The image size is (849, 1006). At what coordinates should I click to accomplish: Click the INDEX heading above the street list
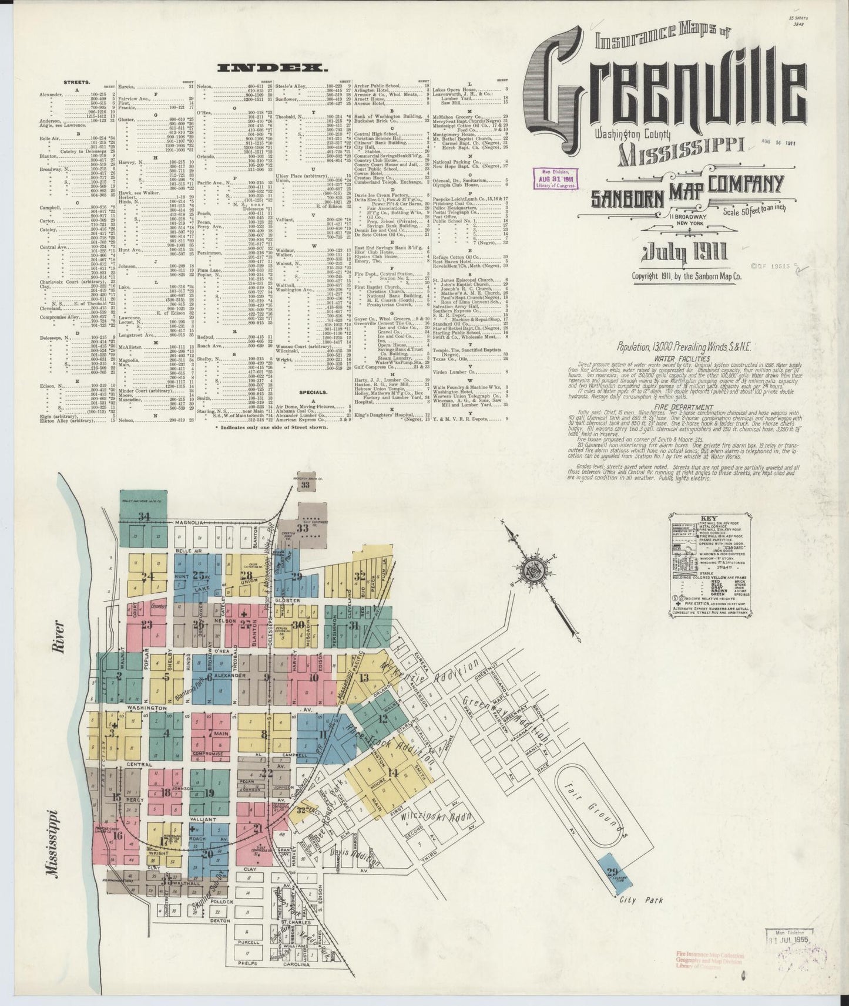pyautogui.click(x=272, y=69)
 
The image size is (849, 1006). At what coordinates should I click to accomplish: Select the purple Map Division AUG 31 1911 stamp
pyautogui.click(x=555, y=176)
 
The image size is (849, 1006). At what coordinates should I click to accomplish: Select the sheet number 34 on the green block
pyautogui.click(x=143, y=516)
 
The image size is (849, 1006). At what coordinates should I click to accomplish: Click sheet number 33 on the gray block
pyautogui.click(x=304, y=528)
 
